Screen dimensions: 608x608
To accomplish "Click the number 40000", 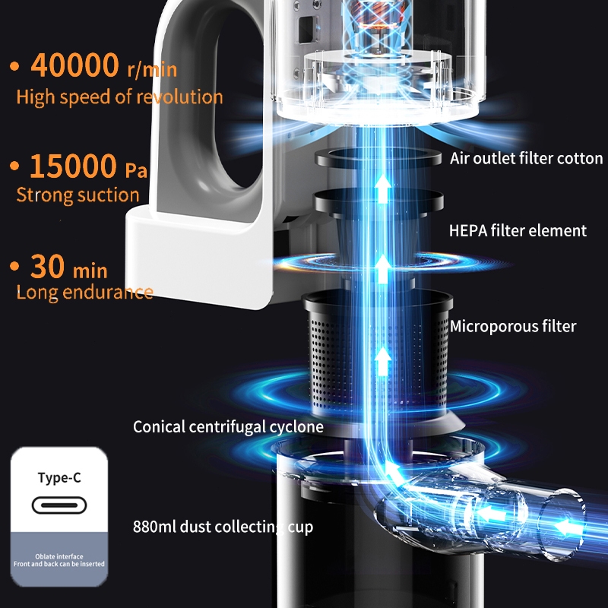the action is [x=74, y=65].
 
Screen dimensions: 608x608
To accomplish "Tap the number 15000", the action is [x=72, y=165].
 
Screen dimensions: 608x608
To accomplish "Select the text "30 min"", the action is [x=69, y=267].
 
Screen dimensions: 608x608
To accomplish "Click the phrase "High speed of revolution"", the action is [x=119, y=97].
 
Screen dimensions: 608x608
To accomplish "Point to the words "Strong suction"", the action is [x=78, y=195].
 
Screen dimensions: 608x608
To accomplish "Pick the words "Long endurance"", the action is [x=84, y=292].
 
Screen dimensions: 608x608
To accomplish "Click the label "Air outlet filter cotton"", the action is [x=526, y=159].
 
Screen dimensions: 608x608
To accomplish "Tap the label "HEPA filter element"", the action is [x=518, y=230].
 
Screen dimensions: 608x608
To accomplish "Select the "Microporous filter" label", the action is [x=513, y=326].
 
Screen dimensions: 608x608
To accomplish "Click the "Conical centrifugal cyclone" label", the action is [x=228, y=426].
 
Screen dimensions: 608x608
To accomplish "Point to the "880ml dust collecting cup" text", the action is [x=223, y=526].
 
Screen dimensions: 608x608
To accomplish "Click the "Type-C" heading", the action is [x=59, y=478].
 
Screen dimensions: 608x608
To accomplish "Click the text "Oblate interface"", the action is [x=59, y=556].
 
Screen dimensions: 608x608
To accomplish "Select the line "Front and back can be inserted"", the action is [x=59, y=564].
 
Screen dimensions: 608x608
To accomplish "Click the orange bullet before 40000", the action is [x=14, y=67].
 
